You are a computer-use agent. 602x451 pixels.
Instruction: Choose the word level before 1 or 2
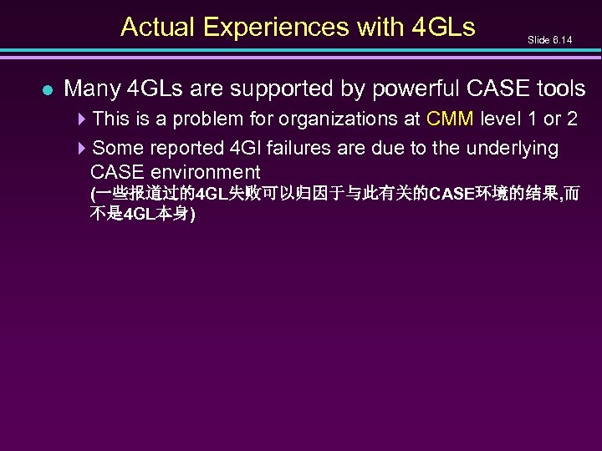(x=507, y=119)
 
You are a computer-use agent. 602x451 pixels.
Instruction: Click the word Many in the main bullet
(x=92, y=89)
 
